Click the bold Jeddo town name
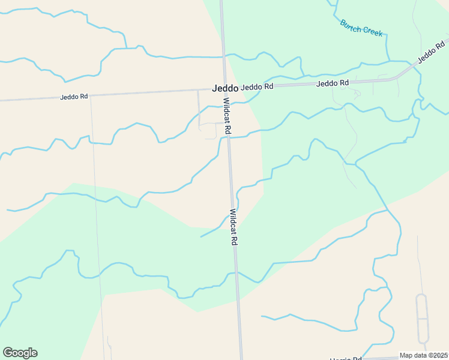(x=225, y=88)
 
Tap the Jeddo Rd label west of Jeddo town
(x=74, y=96)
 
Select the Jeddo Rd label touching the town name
(x=257, y=87)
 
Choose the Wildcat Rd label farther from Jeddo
(x=234, y=226)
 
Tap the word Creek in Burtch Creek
(x=373, y=32)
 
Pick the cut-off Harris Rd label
(x=346, y=358)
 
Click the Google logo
(x=20, y=353)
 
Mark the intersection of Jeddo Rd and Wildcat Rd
(x=224, y=89)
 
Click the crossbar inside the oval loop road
(x=423, y=318)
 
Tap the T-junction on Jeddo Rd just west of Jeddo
(x=199, y=91)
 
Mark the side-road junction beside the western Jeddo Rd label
(x=91, y=95)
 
